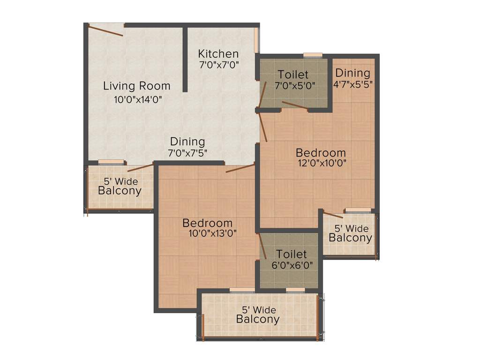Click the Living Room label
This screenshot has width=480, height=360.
point(136,86)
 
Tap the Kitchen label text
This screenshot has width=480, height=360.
point(218,53)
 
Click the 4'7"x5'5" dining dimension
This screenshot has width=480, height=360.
point(352,84)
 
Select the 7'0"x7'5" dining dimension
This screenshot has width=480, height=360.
point(187,152)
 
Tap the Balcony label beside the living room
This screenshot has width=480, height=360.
point(120,191)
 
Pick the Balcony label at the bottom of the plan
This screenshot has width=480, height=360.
point(257,320)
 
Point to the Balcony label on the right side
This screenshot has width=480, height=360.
point(350,238)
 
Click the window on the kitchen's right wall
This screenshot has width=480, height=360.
point(257,40)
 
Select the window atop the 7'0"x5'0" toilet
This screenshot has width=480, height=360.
point(312,55)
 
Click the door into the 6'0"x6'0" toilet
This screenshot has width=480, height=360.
point(263,247)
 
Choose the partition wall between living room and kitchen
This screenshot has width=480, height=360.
point(185,59)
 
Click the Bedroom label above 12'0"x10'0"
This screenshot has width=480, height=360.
point(321,153)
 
